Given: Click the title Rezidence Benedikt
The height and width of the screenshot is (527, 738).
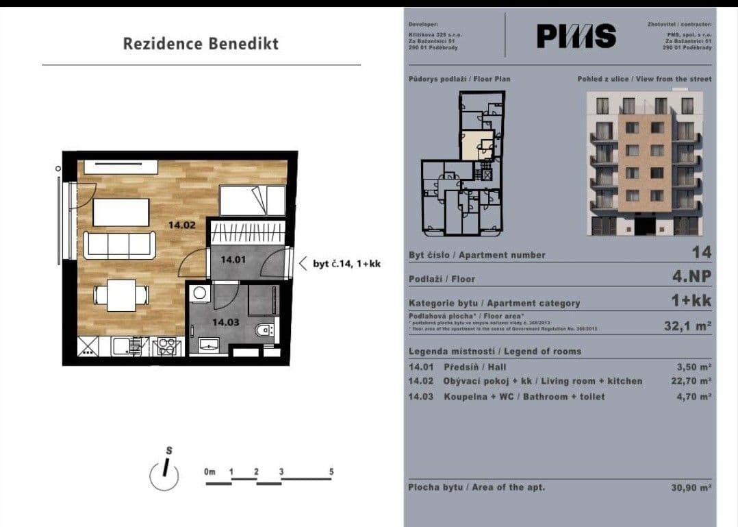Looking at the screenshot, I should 201,44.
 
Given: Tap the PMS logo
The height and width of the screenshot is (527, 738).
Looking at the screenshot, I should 576,36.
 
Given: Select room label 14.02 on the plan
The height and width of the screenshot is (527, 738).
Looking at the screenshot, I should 182,224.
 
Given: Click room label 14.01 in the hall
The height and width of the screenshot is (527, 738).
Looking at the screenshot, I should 233,260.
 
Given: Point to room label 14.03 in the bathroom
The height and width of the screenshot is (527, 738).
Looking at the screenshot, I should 225,321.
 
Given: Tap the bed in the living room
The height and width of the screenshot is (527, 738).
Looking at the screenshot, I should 252,201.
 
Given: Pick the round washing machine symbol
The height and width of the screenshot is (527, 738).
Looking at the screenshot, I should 200,293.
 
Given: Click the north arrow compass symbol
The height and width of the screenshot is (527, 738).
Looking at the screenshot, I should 164,474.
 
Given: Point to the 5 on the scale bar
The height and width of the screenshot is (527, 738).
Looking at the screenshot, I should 331,472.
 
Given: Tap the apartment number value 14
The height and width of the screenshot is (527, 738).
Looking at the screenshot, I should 702,252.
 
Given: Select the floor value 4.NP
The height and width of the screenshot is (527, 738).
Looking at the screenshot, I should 692,277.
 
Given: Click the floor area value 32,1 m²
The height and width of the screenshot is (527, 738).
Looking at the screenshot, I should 688,326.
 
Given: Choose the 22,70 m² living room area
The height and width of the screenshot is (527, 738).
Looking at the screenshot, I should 693,381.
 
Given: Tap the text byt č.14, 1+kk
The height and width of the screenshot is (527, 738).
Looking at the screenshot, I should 346,263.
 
